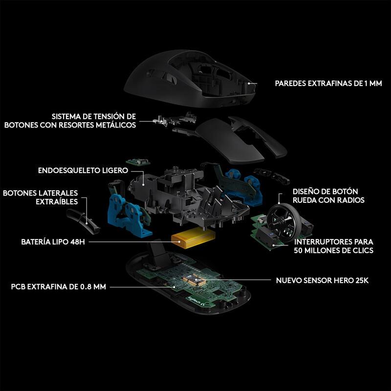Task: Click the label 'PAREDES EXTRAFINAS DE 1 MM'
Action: click(328, 83)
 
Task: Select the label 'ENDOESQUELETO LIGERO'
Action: click(83, 170)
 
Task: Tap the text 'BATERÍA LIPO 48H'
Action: click(53, 241)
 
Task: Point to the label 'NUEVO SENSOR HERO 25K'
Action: click(322, 280)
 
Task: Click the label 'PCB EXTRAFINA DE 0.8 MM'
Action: click(58, 286)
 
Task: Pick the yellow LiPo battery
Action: click(193, 239)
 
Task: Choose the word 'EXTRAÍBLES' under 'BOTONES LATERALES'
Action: click(57, 201)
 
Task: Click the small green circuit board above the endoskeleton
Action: click(138, 162)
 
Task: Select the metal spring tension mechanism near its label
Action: click(174, 119)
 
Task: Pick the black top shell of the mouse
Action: click(191, 78)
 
